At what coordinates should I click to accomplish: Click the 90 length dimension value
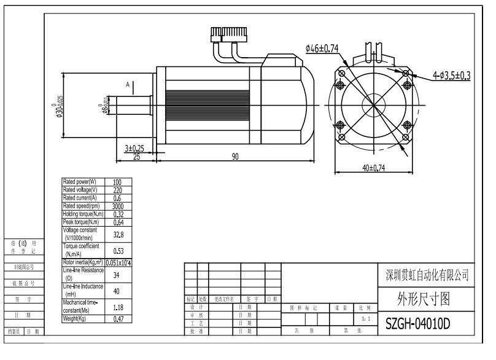(235, 157)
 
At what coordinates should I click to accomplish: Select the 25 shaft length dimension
(137, 157)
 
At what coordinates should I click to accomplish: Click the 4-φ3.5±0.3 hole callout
(451, 76)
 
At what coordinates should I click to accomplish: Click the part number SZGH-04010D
(417, 323)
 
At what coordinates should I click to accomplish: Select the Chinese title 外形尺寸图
(424, 299)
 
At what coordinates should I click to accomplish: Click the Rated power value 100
(117, 182)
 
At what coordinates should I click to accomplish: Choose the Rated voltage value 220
(117, 190)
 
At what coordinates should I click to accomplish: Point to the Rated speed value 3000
(117, 206)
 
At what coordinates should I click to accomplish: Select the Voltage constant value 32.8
(118, 234)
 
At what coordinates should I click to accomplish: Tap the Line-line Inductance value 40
(117, 291)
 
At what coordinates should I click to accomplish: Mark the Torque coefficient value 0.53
(118, 251)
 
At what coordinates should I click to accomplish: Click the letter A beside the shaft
(128, 84)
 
